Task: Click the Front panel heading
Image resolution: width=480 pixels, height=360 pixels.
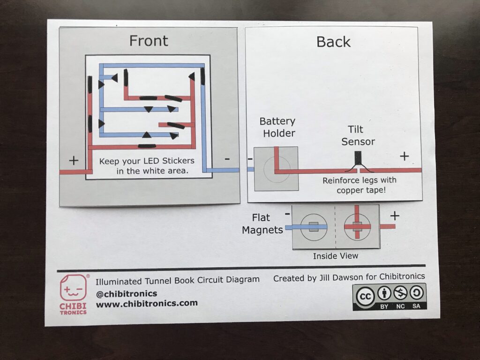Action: coord(149,41)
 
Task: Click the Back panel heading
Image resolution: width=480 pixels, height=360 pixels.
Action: coord(333,42)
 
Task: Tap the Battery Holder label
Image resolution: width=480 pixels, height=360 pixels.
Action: coord(278,127)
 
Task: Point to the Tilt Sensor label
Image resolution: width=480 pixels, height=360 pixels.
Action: coord(358,135)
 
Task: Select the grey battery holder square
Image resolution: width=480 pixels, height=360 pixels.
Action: coord(276,169)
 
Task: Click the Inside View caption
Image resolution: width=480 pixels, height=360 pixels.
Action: coord(336,255)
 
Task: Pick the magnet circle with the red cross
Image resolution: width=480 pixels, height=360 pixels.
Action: coord(357,227)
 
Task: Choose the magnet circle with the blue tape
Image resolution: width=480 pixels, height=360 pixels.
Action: coord(314,227)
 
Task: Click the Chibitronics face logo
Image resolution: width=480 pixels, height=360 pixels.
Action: coord(73,288)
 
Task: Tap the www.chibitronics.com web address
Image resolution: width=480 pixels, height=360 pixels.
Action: coord(147,304)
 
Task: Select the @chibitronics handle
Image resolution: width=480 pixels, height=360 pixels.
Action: coord(127,294)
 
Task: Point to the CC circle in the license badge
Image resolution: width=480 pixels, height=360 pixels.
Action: coord(365,296)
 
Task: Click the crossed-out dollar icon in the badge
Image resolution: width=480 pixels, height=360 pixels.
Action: coord(400,293)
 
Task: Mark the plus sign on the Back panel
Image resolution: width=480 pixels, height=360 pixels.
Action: coord(405,156)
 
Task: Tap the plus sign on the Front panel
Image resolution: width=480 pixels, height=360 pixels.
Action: coord(74,160)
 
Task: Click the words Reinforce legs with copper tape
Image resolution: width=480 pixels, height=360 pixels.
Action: coord(360,185)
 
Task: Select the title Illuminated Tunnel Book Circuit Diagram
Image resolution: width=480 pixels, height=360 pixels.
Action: coord(178,280)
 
